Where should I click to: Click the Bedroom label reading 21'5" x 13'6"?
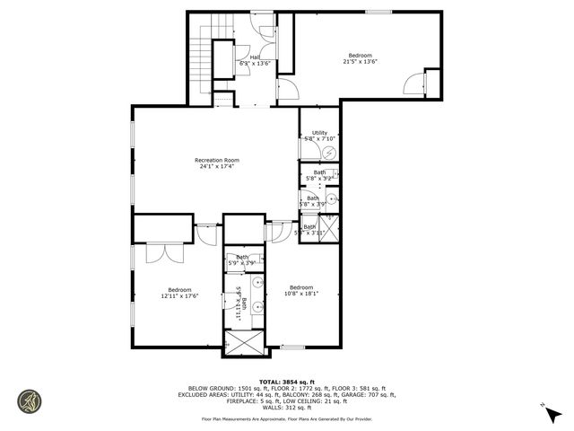[361, 57]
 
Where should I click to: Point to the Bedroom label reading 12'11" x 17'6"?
[179, 292]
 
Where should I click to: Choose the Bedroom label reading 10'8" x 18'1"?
[300, 290]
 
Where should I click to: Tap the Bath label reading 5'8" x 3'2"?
[319, 176]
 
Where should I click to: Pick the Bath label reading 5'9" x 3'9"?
[243, 260]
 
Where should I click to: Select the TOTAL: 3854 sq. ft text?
[286, 381]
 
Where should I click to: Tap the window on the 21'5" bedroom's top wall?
[377, 11]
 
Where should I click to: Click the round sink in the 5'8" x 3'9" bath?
[331, 199]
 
